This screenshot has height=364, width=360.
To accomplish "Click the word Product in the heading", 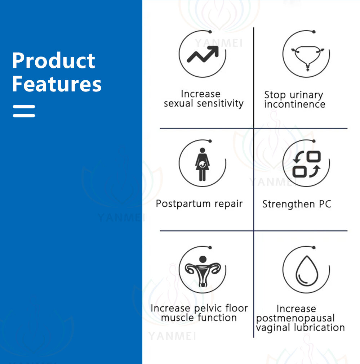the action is pos(54,60).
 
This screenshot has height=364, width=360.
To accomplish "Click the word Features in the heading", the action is pos(57,84).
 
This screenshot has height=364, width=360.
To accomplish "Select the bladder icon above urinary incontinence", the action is pos(307,58).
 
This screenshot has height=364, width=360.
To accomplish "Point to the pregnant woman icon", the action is pos(203,164).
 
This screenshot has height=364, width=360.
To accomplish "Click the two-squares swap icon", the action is pos(307,164).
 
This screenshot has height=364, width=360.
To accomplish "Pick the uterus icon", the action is pos(203,271).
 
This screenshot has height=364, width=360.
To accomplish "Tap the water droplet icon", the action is pos(307,271).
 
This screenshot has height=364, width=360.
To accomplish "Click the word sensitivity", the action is pos(220,103).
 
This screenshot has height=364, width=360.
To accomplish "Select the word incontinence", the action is pos(295,104).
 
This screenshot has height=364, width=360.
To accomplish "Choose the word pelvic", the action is pos(205,309).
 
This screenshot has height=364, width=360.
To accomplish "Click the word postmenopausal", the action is pos(295,318).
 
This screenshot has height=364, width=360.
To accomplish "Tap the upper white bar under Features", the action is pos(24,107).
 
